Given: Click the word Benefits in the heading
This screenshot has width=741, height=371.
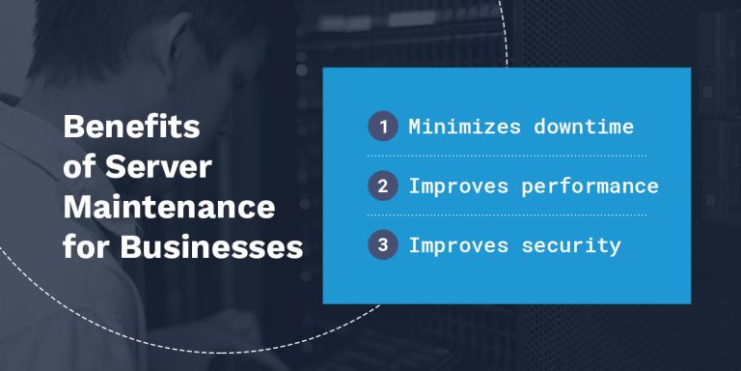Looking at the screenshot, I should [x=131, y=127].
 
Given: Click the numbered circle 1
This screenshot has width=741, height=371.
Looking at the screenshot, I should [x=383, y=127].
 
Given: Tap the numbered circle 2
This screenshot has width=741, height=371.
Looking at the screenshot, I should [x=383, y=185].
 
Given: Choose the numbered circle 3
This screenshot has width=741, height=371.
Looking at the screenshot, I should [x=383, y=244].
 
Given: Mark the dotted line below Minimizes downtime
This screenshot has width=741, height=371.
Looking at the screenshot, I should [x=507, y=156].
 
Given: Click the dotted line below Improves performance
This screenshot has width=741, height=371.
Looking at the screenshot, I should [x=507, y=214].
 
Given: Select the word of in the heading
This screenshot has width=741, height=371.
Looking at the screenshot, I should [x=76, y=167].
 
